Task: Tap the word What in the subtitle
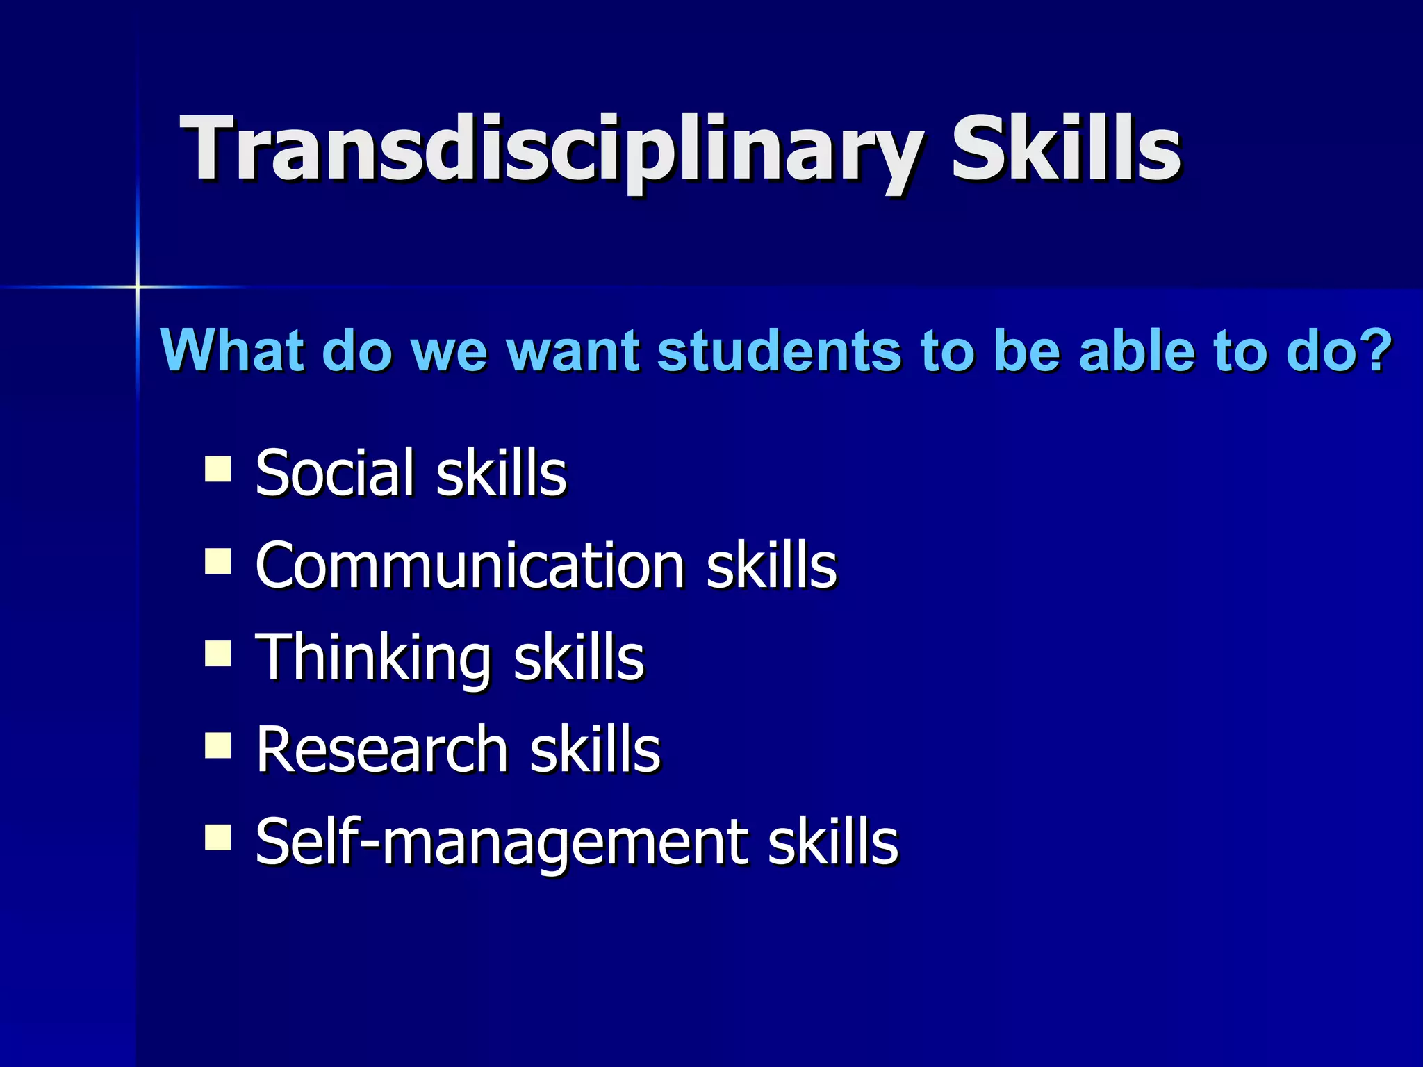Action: [233, 350]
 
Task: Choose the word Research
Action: [382, 750]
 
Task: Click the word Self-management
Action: [500, 843]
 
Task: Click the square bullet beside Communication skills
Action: [218, 561]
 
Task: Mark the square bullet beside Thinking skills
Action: [218, 654]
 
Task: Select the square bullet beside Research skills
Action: [218, 746]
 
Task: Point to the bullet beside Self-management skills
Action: [218, 838]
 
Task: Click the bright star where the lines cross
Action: [138, 286]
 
